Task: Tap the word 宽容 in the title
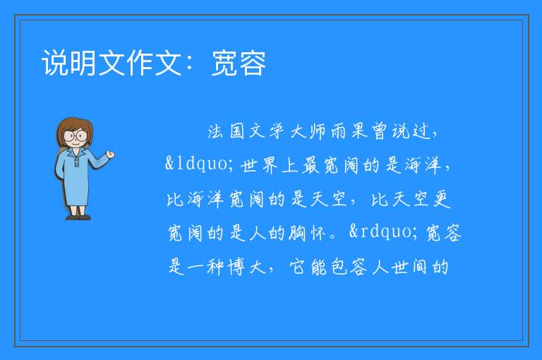pos(239,63)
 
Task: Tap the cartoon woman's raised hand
pos(110,155)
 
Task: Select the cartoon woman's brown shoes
pos(78,217)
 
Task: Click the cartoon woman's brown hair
pos(74,130)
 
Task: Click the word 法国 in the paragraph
pos(226,131)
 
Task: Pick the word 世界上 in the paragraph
pos(270,165)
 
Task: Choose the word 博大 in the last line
pos(247,267)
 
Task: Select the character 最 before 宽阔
pos(311,165)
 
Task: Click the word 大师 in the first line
pos(308,131)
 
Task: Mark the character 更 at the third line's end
pos(441,199)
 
